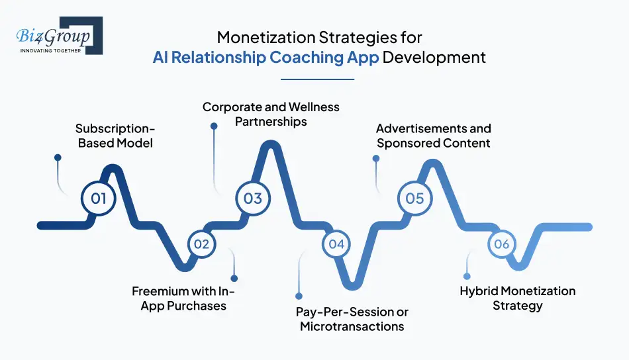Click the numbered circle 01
coord(98,199)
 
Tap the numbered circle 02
coord(201,244)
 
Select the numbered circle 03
coord(253,199)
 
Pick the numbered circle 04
coord(336,244)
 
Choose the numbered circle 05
coord(414,199)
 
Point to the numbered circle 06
coord(501,244)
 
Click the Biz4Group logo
coord(60,35)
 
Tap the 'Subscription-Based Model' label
coord(115,136)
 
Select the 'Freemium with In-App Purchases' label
coord(183,298)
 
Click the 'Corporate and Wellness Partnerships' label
coord(271,114)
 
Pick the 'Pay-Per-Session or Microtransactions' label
coord(352,319)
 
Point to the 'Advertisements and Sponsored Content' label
coord(433,136)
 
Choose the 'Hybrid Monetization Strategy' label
coord(518,298)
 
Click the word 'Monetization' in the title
coord(266,38)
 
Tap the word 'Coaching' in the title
coord(307,58)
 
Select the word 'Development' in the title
coord(434,58)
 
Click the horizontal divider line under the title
coord(317,79)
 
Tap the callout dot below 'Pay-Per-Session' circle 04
coord(299,296)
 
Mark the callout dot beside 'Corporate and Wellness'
coord(215,126)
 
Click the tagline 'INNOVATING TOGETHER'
coord(50,51)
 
